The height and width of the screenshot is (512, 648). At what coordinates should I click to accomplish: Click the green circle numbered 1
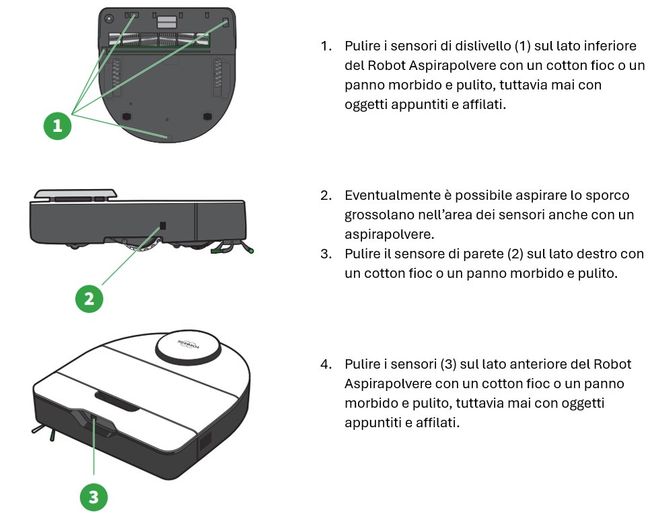coord(57,126)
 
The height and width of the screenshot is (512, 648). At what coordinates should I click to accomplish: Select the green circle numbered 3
coord(94,497)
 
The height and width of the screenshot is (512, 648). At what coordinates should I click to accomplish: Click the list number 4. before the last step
coord(326,364)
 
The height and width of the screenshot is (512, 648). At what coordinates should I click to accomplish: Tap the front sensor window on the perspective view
coord(94,425)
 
